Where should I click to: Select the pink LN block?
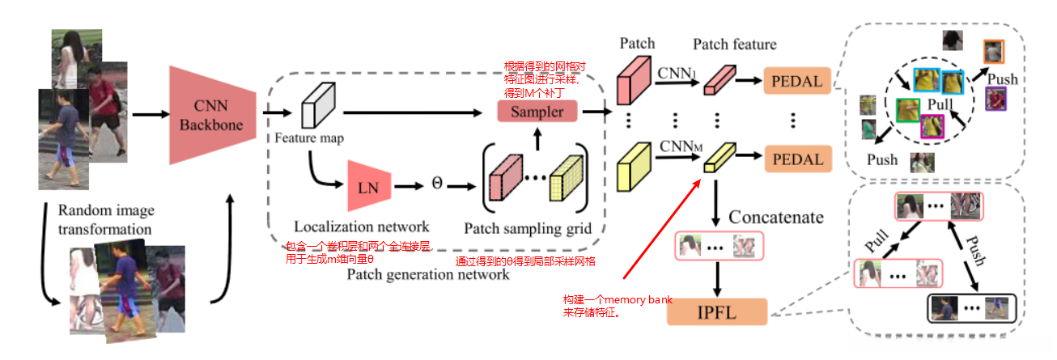click(369, 186)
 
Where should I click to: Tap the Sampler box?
click(537, 112)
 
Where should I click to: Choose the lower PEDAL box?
click(797, 159)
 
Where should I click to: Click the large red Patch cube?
click(635, 78)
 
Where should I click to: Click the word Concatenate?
click(776, 217)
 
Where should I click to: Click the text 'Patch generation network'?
click(428, 274)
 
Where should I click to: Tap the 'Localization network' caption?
click(350, 227)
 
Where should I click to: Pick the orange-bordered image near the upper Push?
click(993, 52)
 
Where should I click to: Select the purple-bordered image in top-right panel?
click(995, 100)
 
